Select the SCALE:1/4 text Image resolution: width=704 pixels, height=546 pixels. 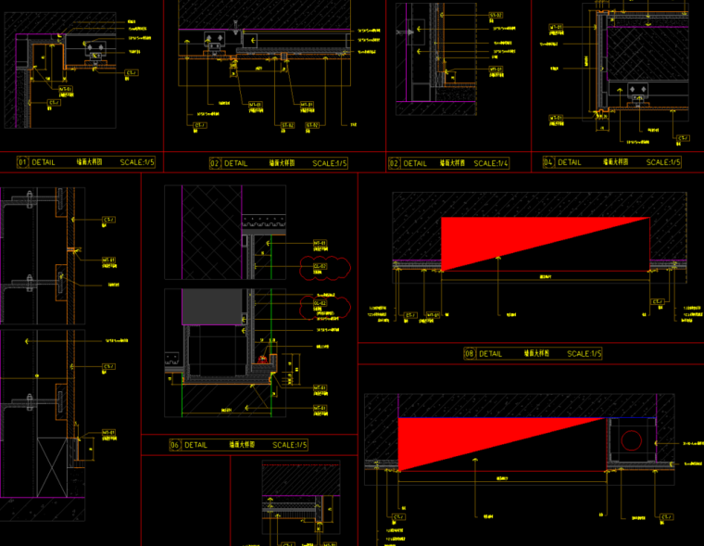coord(491,163)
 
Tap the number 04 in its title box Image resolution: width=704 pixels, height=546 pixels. coord(548,162)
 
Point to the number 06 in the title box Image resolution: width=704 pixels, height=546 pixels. coord(174,445)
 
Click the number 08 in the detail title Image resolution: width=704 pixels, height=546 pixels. coord(470,353)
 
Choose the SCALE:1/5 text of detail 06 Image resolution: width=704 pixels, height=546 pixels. coord(290,445)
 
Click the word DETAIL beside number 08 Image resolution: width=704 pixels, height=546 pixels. coord(491,353)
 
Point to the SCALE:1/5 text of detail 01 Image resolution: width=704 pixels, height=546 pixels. coord(138,162)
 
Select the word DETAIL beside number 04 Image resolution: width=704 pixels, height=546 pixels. coord(570,162)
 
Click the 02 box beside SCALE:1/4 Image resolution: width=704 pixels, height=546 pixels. coord(394,163)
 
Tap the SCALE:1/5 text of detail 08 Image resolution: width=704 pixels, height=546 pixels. coord(585,353)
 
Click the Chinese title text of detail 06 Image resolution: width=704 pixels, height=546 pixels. coord(242,445)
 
